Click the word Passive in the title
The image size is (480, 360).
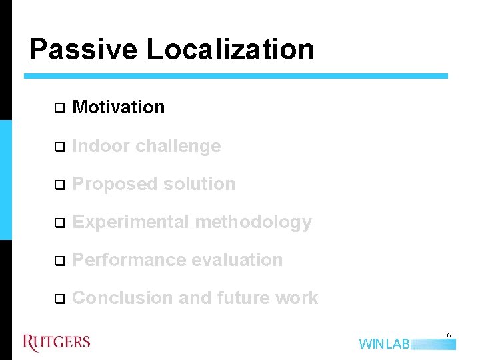coord(83,50)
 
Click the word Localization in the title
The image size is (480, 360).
coord(230,50)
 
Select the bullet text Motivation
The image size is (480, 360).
coord(118,107)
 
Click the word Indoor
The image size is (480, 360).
coord(101,146)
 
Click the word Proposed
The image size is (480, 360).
coord(111,184)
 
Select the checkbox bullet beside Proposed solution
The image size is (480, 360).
coord(59,185)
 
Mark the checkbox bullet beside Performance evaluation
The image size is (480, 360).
coord(59,261)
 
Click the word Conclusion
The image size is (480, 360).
coord(123,298)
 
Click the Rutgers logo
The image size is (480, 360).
coord(57,343)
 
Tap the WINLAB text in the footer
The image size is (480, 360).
coord(385,344)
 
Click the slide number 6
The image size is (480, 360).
coord(449,335)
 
